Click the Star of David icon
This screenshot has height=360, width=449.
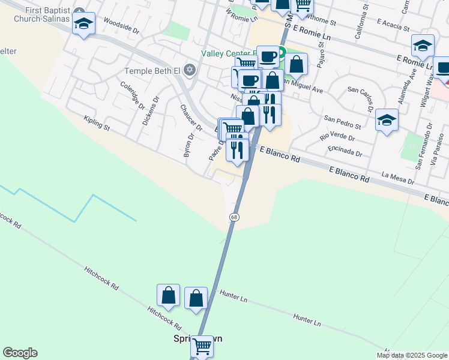[190, 71]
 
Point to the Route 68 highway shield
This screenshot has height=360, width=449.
[233, 216]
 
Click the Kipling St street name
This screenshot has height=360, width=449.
[97, 124]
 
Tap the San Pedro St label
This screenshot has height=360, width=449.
[342, 122]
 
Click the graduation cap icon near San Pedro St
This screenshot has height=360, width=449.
[387, 120]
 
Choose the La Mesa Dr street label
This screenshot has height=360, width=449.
[398, 178]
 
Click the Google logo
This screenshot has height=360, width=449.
[20, 353]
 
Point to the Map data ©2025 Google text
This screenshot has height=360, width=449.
[412, 355]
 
